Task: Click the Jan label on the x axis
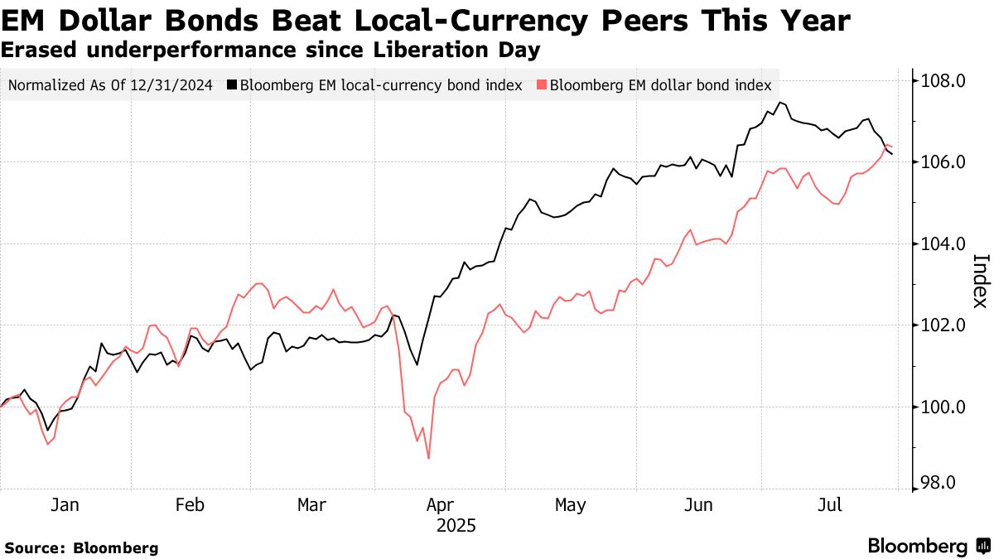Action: coord(65,505)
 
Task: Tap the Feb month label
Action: coord(190,505)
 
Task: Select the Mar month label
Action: coord(311,505)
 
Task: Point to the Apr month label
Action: coord(440,505)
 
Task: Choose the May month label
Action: coord(570,505)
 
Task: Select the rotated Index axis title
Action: coord(979,281)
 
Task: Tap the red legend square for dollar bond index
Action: coord(542,85)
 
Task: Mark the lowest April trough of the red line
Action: coord(428,458)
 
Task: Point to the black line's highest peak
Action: coord(779,103)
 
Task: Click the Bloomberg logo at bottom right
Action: coord(928,547)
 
